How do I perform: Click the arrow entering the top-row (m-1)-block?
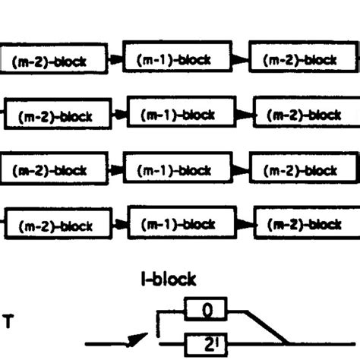(113, 61)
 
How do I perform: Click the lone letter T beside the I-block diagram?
(8, 321)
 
